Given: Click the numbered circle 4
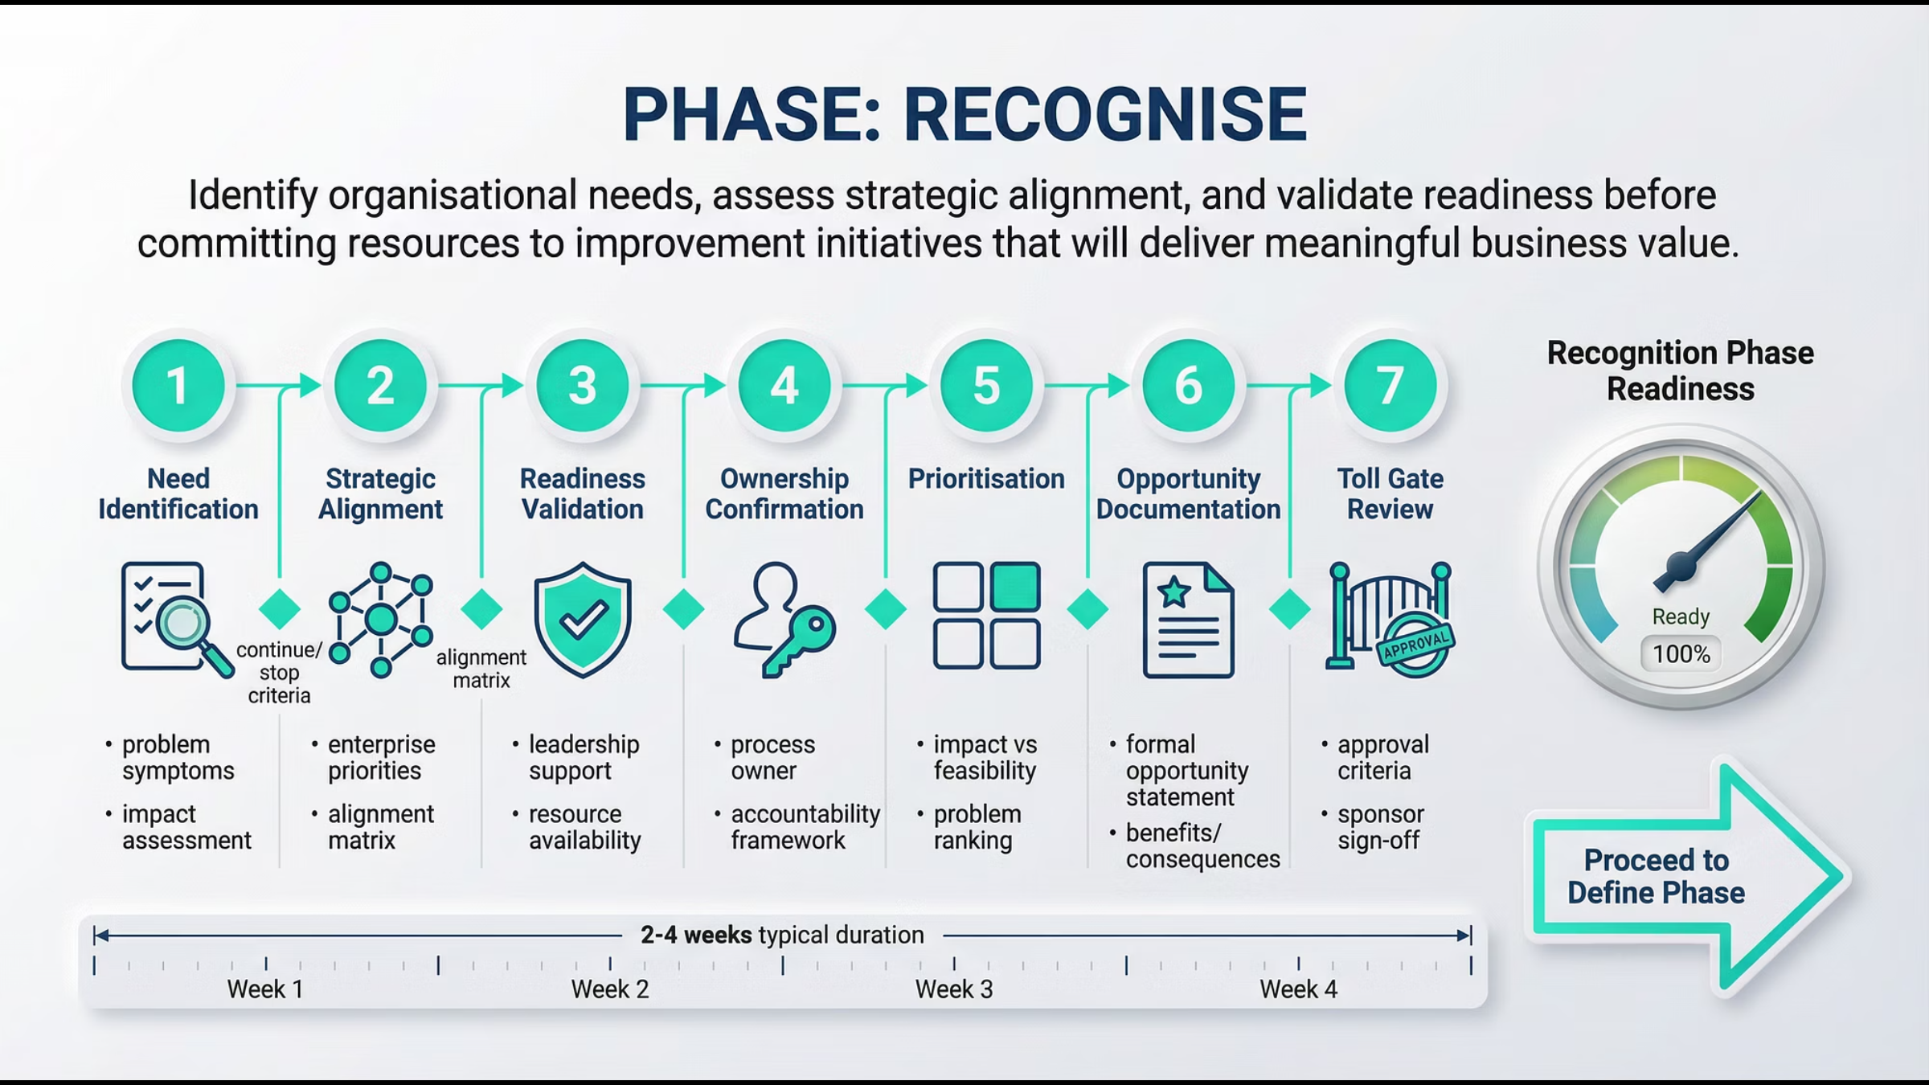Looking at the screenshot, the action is (x=784, y=385).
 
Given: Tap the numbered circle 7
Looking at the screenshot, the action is (x=1390, y=385).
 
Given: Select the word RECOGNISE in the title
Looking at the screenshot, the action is (x=1105, y=114).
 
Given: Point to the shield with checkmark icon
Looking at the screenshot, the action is (x=583, y=620).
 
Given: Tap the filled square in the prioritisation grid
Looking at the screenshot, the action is (x=1015, y=587).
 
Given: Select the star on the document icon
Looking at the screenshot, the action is (x=1174, y=592).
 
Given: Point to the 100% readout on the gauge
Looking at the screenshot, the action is (x=1681, y=654).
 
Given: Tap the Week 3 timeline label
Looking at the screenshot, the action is (x=954, y=989).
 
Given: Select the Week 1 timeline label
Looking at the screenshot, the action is (x=265, y=989).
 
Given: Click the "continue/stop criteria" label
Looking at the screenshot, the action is (x=279, y=673).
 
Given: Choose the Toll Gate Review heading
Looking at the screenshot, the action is (x=1390, y=493).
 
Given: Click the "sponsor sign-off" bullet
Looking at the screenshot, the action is (x=1380, y=827).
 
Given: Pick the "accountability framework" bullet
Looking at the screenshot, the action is (x=805, y=827).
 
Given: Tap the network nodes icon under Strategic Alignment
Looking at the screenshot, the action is (x=381, y=620).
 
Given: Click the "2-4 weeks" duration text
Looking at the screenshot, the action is (x=696, y=935).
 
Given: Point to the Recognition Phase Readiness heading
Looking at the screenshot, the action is (x=1681, y=371).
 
